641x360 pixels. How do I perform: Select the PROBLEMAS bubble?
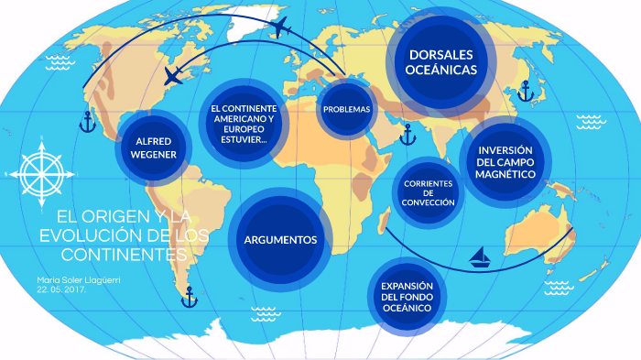[x=346, y=109]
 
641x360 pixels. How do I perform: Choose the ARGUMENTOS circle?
[x=280, y=239]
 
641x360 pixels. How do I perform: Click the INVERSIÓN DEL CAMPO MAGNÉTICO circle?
[x=505, y=162]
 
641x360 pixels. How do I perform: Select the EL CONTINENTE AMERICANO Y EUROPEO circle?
[x=244, y=124]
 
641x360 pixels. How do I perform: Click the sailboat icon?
[x=481, y=257]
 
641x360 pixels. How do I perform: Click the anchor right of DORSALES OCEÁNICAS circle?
[x=526, y=91]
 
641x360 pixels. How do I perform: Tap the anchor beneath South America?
[x=190, y=296]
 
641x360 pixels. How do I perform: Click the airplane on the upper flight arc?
[x=280, y=27]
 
